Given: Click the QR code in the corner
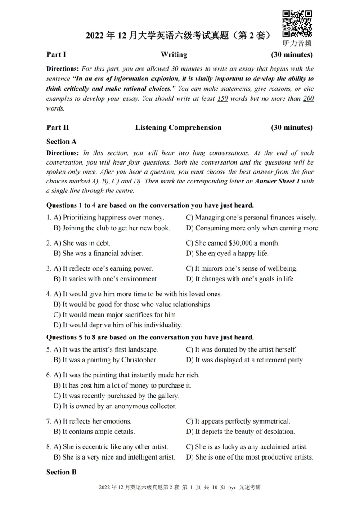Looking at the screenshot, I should pyautogui.click(x=297, y=24).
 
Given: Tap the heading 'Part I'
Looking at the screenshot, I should pyautogui.click(x=56, y=55).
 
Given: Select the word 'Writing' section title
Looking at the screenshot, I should pyautogui.click(x=174, y=55).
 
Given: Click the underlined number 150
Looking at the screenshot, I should pyautogui.click(x=222, y=98).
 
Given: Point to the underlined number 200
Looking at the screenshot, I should pyautogui.click(x=308, y=98).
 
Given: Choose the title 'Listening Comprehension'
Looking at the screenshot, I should pyautogui.click(x=178, y=128).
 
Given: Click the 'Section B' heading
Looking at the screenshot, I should pyautogui.click(x=62, y=473).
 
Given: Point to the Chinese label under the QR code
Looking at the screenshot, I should pyautogui.click(x=297, y=44).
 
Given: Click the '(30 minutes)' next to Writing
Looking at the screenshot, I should pyautogui.click(x=292, y=55).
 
